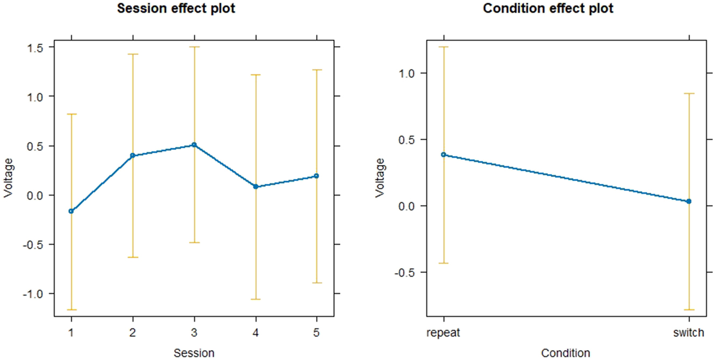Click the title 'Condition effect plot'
[x=548, y=9]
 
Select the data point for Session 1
[x=71, y=211]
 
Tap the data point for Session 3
[x=194, y=145]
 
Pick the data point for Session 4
[x=255, y=186]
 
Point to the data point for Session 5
[x=316, y=176]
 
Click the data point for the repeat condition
[x=444, y=155]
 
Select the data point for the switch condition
[x=689, y=201]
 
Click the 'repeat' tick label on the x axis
[x=444, y=333]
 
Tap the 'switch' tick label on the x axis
[x=688, y=333]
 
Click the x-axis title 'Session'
[x=194, y=353]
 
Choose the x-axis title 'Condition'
[x=566, y=353]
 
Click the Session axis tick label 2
[x=132, y=333]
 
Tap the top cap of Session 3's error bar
[x=194, y=47]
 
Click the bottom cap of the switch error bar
[x=689, y=310]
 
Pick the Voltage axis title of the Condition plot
[x=381, y=177]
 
